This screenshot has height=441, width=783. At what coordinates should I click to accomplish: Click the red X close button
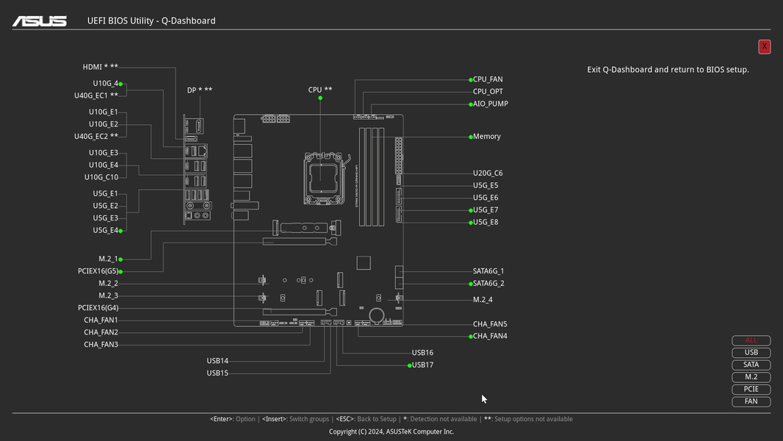[x=765, y=46]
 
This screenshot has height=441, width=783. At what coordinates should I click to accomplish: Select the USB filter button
[x=751, y=353]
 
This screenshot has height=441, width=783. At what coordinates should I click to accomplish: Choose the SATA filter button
[x=751, y=365]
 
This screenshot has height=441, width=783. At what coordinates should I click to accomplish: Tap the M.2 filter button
[x=751, y=377]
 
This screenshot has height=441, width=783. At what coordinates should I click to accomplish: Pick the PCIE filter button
[x=751, y=390]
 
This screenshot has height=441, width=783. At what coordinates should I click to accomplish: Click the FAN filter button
[x=751, y=401]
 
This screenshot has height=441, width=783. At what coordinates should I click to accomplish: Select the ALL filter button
[x=751, y=340]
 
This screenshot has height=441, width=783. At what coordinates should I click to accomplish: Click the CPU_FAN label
[x=488, y=79]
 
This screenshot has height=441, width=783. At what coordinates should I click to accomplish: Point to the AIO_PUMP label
[x=490, y=104]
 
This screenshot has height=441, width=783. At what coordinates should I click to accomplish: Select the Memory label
[x=486, y=137]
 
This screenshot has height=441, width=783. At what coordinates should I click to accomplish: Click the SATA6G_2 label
[x=488, y=284]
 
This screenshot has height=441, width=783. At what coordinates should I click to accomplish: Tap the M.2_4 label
[x=483, y=300]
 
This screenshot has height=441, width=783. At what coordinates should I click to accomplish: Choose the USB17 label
[x=422, y=365]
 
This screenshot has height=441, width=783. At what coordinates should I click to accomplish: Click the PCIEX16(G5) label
[x=98, y=271]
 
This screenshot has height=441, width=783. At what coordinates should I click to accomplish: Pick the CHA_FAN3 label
[x=101, y=345]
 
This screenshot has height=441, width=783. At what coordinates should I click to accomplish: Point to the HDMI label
[x=100, y=67]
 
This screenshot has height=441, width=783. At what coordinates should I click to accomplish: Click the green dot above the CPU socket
[x=320, y=98]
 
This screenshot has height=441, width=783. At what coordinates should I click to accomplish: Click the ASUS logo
[x=39, y=21]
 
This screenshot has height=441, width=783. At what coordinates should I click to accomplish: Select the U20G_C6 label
[x=488, y=173]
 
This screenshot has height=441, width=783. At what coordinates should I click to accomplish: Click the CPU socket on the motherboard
[x=323, y=176]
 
